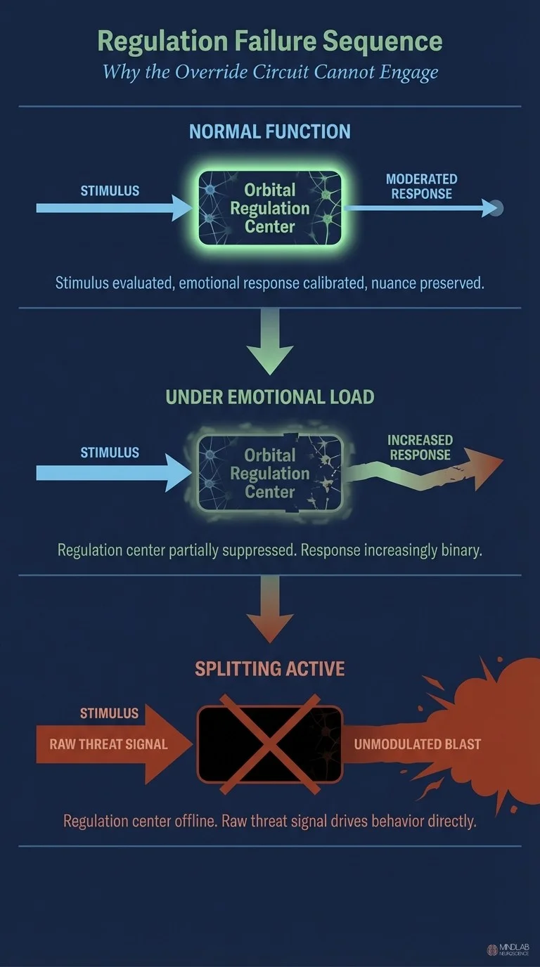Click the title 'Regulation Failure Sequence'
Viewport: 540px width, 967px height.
270,41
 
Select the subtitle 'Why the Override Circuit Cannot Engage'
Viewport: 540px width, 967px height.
270,72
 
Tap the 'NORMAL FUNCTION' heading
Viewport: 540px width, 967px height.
270,131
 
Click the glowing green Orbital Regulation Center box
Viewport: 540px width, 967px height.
270,208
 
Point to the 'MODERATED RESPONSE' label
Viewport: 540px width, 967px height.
422,186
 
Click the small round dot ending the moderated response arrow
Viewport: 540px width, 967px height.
496,208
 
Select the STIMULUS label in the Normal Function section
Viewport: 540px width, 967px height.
110,190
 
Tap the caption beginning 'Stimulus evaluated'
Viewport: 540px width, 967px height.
270,283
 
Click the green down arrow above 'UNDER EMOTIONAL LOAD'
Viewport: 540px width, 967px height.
270,344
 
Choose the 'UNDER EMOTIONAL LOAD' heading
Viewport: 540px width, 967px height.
270,397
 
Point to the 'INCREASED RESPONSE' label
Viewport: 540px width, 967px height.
420,447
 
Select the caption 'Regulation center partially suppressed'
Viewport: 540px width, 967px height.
270,550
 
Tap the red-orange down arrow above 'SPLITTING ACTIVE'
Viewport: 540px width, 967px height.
270,611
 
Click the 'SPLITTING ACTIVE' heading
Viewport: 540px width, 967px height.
270,668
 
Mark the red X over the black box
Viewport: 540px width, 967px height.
270,744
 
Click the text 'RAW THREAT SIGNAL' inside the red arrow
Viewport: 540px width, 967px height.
108,744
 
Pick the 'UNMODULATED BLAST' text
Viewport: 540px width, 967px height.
418,744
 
